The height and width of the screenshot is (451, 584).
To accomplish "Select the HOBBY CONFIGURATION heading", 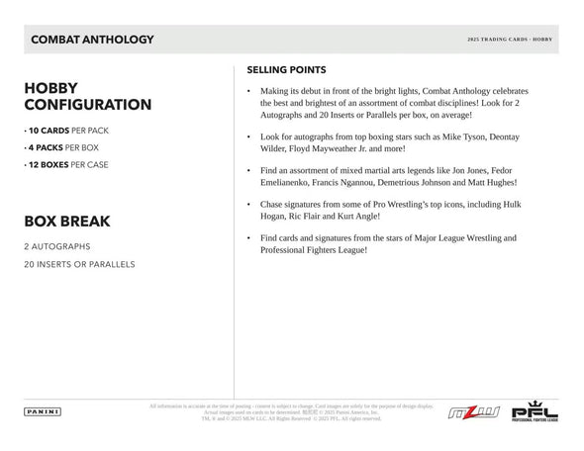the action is point(87,95).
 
